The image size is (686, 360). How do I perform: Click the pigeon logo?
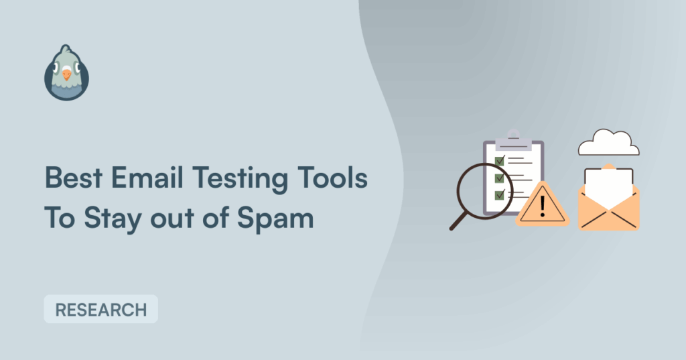coord(66,72)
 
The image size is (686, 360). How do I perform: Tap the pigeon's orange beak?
coord(66,74)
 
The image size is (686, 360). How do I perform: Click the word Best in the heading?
coord(74,178)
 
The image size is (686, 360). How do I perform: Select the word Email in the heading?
coord(147,178)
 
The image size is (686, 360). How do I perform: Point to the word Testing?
coord(241,180)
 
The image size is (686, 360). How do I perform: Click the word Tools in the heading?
coord(332,178)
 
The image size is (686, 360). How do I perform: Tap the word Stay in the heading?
coord(113,218)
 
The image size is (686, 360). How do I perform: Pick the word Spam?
coord(275,218)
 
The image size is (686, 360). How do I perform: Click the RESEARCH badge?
coord(101,310)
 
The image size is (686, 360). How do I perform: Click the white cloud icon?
coord(608,143)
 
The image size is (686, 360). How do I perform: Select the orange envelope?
coord(608,206)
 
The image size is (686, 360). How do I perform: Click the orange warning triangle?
coord(543,205)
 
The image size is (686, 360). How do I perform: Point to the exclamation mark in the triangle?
coord(543,206)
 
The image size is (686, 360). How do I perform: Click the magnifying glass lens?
coord(484,191)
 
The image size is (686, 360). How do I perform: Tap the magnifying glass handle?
coord(458,221)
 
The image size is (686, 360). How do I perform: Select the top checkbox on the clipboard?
coord(500,160)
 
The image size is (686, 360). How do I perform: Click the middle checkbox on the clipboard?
coord(500,178)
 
